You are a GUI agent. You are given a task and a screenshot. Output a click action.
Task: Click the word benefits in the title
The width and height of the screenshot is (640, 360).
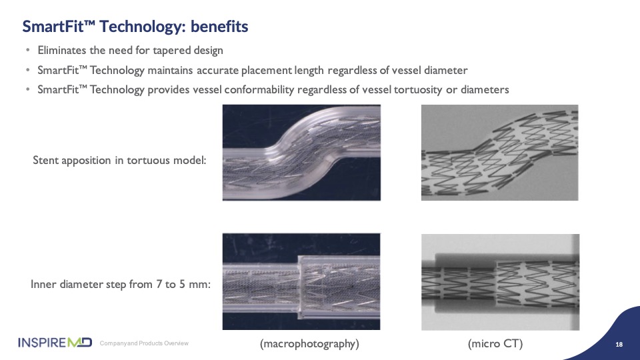point(219,27)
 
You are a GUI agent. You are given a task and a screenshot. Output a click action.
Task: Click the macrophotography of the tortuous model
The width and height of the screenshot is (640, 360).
point(301,153)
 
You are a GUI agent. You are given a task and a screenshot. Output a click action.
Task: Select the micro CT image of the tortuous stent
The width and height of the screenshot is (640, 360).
point(499,153)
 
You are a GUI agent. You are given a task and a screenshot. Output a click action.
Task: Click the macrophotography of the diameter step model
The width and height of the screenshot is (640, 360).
point(301,281)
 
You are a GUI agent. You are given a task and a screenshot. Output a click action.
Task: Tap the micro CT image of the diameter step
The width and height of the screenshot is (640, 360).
point(501,282)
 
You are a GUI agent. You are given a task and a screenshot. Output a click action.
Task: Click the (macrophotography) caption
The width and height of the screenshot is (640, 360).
point(309,344)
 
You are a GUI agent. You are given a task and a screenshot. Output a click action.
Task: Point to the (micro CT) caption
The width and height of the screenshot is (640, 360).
point(495,344)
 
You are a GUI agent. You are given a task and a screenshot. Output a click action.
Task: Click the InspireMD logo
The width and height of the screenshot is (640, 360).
point(55,343)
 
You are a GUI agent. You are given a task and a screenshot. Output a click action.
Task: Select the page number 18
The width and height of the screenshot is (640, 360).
point(619,345)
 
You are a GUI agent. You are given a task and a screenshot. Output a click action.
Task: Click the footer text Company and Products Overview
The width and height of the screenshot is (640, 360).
point(144,343)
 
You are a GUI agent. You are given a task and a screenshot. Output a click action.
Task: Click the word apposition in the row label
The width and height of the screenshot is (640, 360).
point(86,161)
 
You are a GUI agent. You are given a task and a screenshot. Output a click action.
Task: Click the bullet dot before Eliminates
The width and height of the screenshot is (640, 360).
point(28,51)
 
